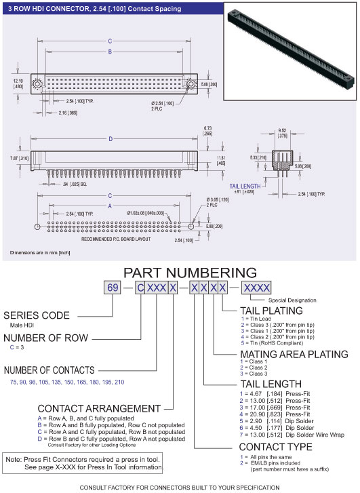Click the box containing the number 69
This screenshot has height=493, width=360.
click(x=113, y=288)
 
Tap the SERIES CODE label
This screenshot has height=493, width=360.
click(x=37, y=315)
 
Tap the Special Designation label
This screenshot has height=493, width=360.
click(x=292, y=300)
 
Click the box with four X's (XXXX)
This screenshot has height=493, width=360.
click(x=256, y=288)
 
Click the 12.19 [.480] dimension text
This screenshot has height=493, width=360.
click(x=18, y=83)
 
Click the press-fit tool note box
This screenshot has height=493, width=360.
click(x=82, y=462)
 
